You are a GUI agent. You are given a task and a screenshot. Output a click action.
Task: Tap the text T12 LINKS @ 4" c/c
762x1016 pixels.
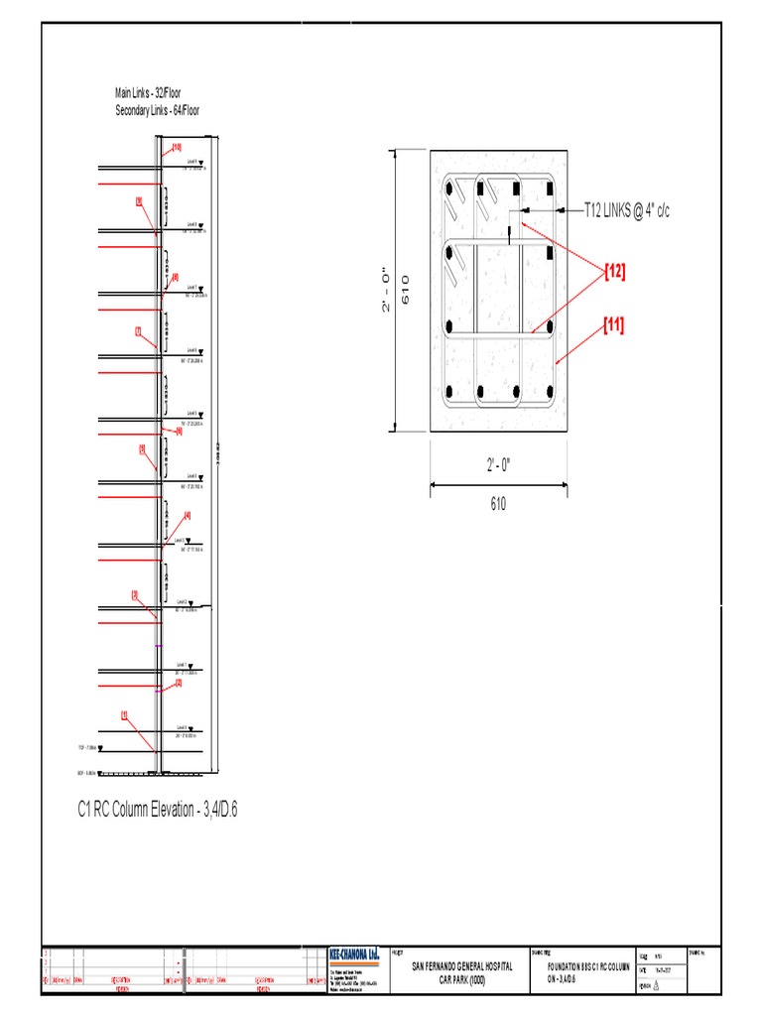tap(626, 210)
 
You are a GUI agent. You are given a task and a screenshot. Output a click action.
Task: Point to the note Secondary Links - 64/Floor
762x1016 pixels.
tap(158, 111)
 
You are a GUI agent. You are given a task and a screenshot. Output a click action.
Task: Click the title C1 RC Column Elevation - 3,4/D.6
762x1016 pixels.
tap(158, 811)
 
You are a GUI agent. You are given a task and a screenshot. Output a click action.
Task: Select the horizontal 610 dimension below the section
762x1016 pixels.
tap(498, 504)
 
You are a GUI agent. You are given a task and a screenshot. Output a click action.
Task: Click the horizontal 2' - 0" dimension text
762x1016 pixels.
tap(498, 466)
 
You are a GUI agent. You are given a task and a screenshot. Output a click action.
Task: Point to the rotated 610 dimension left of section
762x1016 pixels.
tap(406, 291)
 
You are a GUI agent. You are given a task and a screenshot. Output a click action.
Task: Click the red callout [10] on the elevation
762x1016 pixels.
tap(177, 148)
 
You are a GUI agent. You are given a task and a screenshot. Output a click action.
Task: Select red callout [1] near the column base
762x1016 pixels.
tap(125, 714)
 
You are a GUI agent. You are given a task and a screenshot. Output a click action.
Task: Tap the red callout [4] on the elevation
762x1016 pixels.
tap(186, 515)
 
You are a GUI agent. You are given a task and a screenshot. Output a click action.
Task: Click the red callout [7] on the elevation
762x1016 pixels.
tap(139, 330)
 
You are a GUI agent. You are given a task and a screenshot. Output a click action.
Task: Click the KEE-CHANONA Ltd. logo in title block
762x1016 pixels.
tap(354, 954)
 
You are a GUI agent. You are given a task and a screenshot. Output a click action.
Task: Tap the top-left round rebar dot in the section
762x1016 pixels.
tap(449, 188)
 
